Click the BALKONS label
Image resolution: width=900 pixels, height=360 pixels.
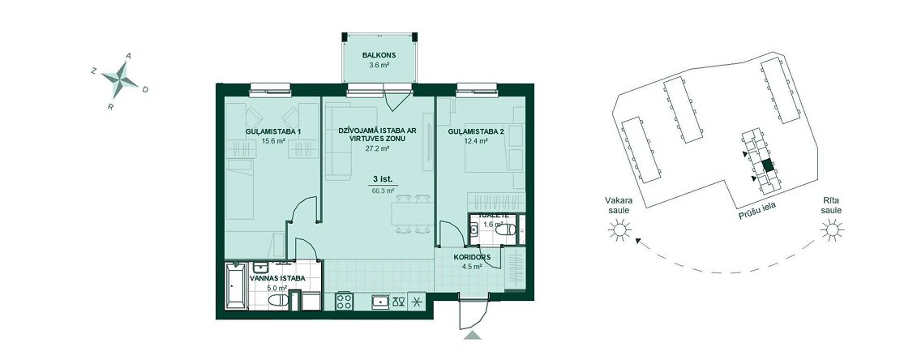[x=379, y=56]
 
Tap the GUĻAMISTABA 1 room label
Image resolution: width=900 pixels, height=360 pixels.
[x=273, y=132]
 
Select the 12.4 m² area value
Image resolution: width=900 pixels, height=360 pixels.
[x=475, y=140]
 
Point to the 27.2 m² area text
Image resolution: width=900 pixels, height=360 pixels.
[x=378, y=148]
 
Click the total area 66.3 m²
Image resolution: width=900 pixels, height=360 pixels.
[x=384, y=191]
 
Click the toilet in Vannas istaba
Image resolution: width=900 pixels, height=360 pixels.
[x=278, y=300]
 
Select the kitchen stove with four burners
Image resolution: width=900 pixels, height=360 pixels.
[x=345, y=301]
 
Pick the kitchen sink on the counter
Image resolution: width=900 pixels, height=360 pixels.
[x=380, y=302]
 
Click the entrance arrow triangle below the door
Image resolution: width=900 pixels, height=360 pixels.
[x=473, y=336]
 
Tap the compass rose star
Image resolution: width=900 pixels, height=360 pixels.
[x=121, y=79]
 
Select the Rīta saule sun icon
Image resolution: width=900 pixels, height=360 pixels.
[x=832, y=231]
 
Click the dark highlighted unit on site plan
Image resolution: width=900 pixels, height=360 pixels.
[x=768, y=166]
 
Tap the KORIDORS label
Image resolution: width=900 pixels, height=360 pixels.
[x=470, y=258]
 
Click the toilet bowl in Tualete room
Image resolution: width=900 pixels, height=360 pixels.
[x=506, y=230]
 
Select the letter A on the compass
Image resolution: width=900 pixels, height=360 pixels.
[x=129, y=56]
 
